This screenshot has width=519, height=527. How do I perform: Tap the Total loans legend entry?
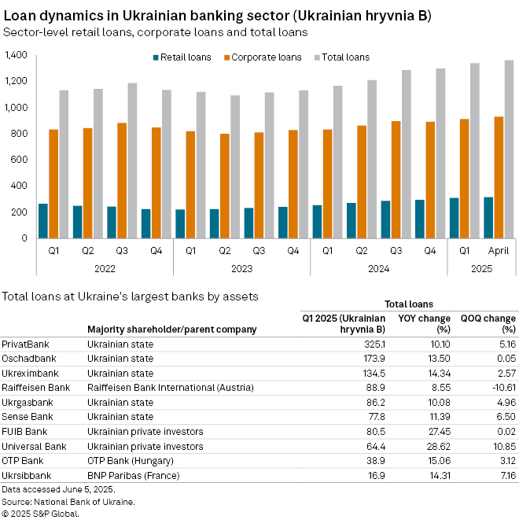[341, 57]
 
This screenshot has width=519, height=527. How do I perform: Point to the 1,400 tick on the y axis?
[16, 55]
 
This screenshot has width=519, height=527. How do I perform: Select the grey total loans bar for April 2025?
[510, 149]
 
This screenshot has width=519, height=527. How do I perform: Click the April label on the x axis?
[499, 251]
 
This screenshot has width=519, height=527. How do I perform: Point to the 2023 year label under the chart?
[241, 268]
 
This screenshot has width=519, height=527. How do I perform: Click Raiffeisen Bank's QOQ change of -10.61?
[499, 387]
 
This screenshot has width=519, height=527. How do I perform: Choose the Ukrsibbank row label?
[27, 475]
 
